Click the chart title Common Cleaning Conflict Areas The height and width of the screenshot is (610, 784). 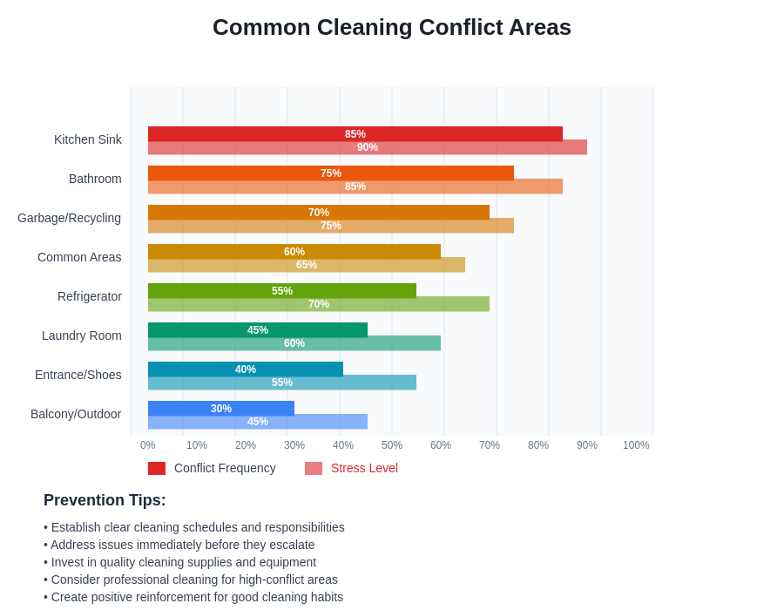point(392,27)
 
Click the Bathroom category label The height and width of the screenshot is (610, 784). point(95,179)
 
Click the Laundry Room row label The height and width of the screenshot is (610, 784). point(82,335)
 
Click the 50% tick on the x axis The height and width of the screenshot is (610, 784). point(392,445)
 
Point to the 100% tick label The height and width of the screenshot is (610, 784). point(636,445)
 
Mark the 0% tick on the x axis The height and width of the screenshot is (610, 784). point(148,445)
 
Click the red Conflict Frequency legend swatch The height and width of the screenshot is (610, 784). point(157,468)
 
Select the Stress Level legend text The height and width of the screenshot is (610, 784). point(364,468)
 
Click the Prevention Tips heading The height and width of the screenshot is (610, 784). point(105,500)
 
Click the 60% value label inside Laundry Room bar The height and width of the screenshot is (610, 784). point(294,343)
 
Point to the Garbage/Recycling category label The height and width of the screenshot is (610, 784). point(69,218)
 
